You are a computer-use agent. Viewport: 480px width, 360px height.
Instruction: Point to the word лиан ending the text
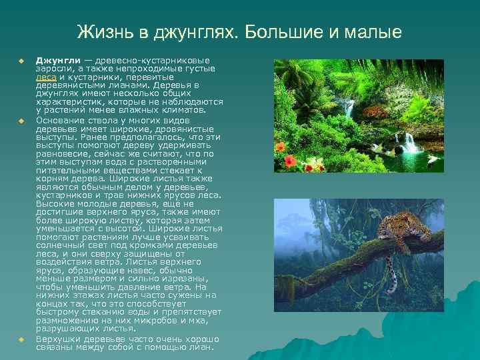[201, 347]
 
